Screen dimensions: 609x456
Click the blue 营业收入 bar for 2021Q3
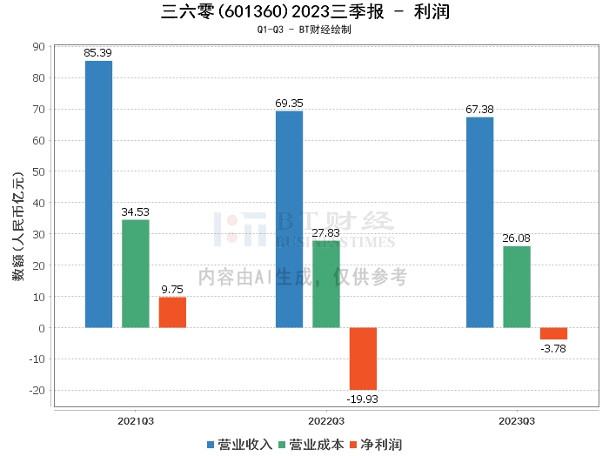[x=98, y=194]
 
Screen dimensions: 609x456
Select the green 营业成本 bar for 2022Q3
[x=326, y=285]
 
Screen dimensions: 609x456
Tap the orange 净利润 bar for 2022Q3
[x=363, y=359]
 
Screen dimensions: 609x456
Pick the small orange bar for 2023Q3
[x=553, y=333]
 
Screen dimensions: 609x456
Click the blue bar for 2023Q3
[x=479, y=223]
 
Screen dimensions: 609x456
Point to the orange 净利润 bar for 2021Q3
[x=172, y=312]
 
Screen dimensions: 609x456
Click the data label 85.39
[x=97, y=53]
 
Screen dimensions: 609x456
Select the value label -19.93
[x=363, y=399]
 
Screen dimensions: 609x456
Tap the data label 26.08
[x=516, y=238]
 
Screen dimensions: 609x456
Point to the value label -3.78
[x=553, y=348]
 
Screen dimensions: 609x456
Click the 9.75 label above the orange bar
[x=172, y=290]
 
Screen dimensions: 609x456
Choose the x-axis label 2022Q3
[x=326, y=421]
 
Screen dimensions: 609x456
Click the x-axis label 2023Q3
[x=517, y=421]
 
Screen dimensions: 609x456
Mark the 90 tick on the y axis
[x=39, y=47]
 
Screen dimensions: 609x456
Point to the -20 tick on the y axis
[x=37, y=390]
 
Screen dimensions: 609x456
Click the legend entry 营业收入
[x=239, y=445]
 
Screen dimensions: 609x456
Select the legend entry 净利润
[x=376, y=445]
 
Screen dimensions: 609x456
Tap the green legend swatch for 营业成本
[x=282, y=445]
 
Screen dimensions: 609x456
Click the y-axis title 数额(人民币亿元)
[x=18, y=226]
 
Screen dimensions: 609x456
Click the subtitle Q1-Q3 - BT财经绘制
[x=304, y=30]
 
